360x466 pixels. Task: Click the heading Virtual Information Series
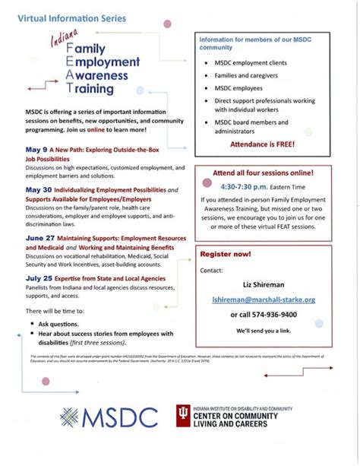point(62,15)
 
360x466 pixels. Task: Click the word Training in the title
point(103,88)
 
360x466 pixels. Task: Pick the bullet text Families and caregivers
point(244,75)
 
